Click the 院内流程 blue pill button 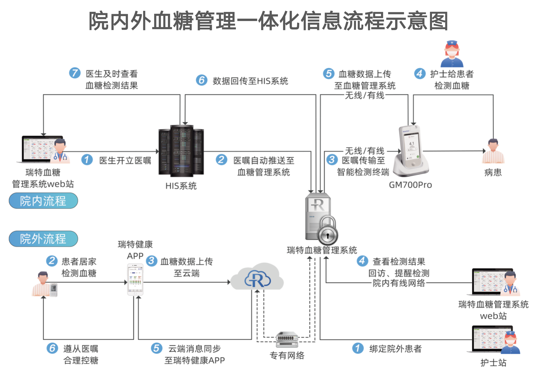click(43, 201)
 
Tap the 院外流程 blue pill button click(43, 239)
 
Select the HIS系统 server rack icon click(181, 151)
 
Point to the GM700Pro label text click(410, 185)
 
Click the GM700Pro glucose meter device click(411, 150)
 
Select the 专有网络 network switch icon click(287, 339)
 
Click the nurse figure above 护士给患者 click(452, 54)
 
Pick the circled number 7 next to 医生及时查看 click(75, 73)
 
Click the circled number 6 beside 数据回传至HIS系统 click(202, 80)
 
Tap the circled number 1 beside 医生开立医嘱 click(87, 160)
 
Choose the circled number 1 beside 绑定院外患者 click(358, 348)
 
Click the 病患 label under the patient click(493, 173)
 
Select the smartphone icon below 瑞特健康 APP click(135, 280)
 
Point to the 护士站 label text click(493, 363)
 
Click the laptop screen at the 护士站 click(487, 338)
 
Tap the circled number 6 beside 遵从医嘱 click(52, 348)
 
